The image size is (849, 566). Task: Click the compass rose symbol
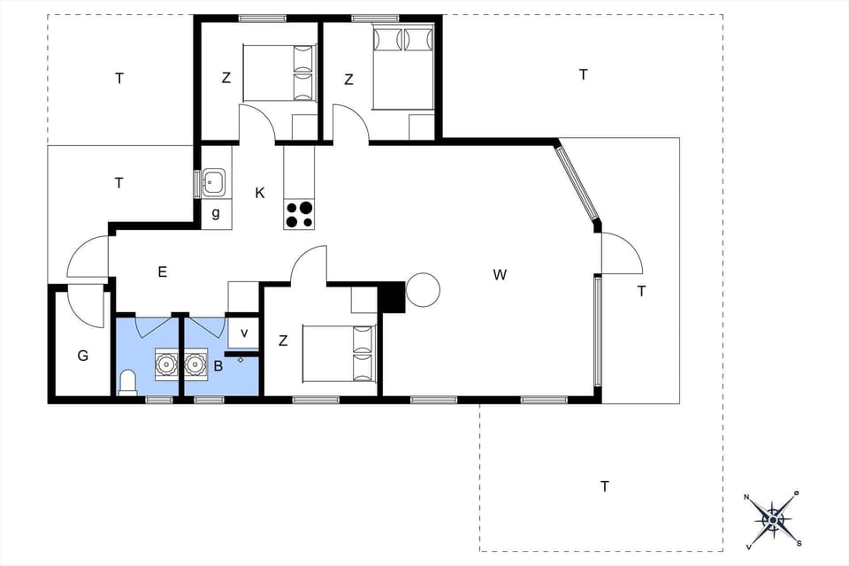tap(774, 518)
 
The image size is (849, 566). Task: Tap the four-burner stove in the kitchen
tap(300, 215)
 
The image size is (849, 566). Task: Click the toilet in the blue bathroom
tap(128, 383)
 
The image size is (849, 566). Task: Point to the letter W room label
tap(500, 275)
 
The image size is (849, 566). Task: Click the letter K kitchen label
tap(260, 193)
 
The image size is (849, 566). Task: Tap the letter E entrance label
tap(163, 272)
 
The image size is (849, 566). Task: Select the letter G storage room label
tap(82, 356)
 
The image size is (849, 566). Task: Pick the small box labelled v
tap(244, 333)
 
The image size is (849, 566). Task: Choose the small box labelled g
tap(216, 213)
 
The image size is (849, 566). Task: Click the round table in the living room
tap(423, 290)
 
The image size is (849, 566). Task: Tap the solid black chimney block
tap(390, 297)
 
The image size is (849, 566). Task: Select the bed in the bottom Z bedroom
tap(340, 354)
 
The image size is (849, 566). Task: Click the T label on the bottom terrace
tap(605, 486)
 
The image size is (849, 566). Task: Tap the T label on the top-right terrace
tap(583, 74)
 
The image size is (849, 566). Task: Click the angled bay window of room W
tap(578, 185)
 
